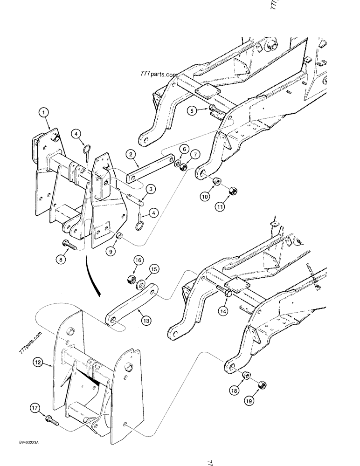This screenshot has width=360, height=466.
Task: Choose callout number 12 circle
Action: click(x=38, y=361)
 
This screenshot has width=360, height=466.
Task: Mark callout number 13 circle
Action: click(x=146, y=320)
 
